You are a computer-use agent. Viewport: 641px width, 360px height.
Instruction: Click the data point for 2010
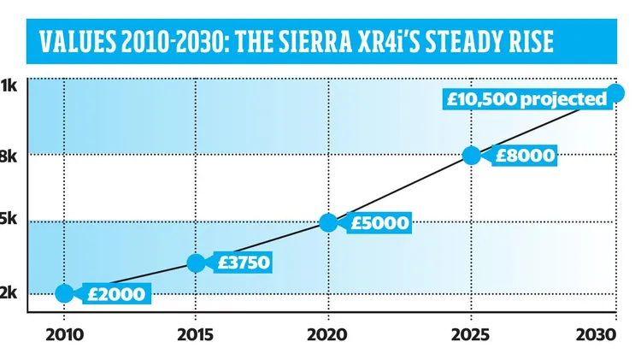point(64,293)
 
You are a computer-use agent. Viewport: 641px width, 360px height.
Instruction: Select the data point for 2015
point(196,263)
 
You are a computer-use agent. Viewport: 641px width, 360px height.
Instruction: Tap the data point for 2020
point(327,222)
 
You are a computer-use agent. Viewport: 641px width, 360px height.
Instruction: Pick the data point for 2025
point(471,155)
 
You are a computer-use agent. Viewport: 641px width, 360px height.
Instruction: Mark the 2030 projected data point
point(616,92)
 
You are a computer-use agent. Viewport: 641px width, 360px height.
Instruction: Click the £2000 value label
point(115,294)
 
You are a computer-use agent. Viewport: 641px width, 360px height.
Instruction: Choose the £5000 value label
point(379,223)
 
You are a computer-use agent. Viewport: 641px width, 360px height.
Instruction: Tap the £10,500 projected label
point(526,98)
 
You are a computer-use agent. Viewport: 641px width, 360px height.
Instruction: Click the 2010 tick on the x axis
point(64,333)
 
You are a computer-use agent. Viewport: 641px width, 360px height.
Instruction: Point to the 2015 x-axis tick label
point(196,333)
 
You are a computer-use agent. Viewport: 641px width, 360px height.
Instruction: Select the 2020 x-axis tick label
point(327,333)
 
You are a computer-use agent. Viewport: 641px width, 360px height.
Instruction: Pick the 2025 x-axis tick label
point(471,333)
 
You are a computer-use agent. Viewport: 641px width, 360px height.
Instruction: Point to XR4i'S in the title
point(364,42)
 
